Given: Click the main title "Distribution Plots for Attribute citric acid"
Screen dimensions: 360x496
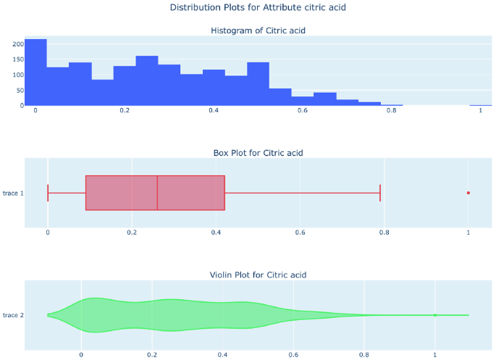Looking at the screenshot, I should [x=248, y=7].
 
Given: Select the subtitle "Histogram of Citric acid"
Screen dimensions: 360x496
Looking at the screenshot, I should [x=258, y=30].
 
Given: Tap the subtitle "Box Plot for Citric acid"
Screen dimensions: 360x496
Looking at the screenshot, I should [x=258, y=153].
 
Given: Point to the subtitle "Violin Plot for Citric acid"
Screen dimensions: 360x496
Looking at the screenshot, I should [x=258, y=275].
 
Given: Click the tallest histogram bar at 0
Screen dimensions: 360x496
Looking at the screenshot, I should [x=35, y=72].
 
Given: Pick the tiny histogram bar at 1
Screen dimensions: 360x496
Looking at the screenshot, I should [x=480, y=105].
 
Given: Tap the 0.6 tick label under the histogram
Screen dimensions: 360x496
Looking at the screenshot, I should [x=302, y=111].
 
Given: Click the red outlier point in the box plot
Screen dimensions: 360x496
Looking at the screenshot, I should [x=468, y=193].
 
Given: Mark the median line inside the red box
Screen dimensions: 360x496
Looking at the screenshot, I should [x=157, y=193].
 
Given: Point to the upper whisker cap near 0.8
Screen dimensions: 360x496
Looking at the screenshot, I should [x=380, y=193].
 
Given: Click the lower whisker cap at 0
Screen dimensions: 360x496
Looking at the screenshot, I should [x=48, y=193].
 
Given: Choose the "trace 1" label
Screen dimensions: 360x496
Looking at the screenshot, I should [x=12, y=193].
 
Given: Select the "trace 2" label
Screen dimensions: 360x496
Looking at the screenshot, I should [x=12, y=315].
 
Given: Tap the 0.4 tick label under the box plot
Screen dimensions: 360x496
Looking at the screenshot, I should [x=216, y=233].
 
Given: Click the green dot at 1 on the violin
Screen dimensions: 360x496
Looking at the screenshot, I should [x=435, y=315].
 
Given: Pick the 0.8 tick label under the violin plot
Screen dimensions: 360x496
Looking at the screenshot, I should [x=364, y=355].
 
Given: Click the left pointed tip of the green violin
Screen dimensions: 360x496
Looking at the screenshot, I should [x=48, y=315].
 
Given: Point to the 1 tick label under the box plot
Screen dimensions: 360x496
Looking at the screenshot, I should [x=468, y=233].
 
